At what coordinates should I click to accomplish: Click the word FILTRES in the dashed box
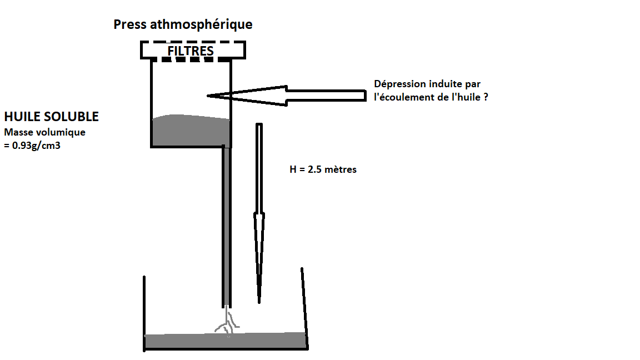[x=191, y=51]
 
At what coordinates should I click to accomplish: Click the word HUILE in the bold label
[x=21, y=117]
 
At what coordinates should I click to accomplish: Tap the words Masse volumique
[x=44, y=133]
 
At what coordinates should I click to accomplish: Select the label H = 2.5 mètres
[x=323, y=169]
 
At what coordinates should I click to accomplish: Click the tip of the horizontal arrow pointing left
[x=209, y=96]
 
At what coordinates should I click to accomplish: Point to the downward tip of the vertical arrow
[x=259, y=302]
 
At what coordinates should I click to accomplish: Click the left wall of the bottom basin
[x=144, y=311]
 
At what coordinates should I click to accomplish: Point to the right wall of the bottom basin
[x=304, y=306]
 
